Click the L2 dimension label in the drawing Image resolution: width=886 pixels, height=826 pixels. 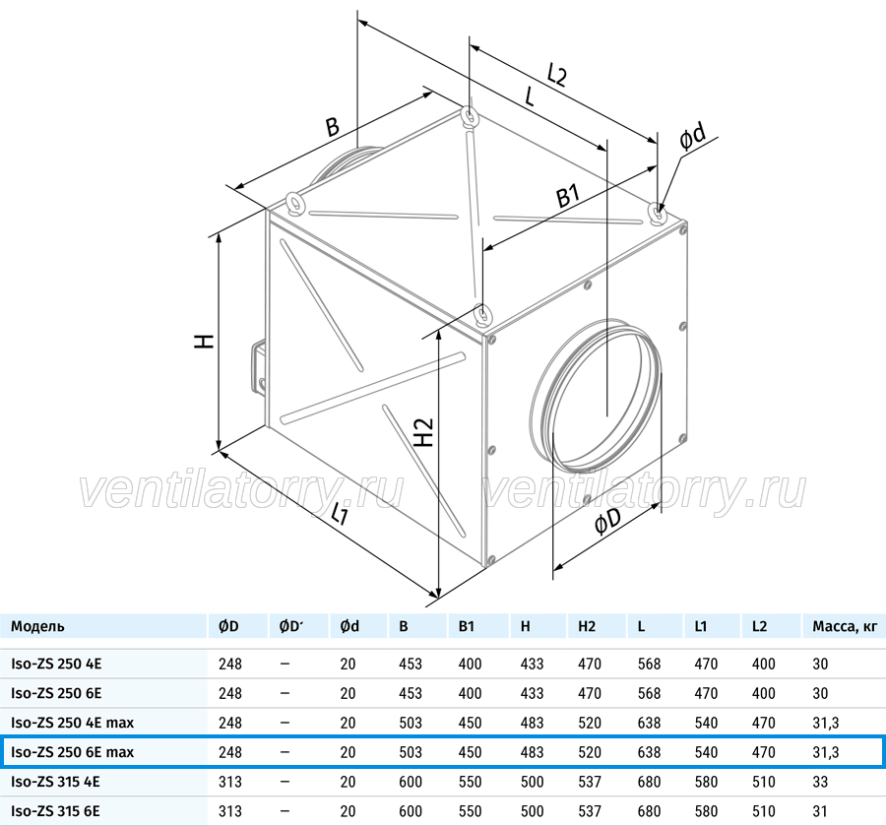[556, 74]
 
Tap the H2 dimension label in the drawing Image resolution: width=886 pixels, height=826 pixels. [423, 432]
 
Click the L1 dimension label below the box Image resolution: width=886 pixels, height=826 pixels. [340, 514]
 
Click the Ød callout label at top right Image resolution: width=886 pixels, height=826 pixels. [693, 137]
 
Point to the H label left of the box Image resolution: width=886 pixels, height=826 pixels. [205, 341]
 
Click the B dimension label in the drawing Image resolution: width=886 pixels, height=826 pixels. [333, 126]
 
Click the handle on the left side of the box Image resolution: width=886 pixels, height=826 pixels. [257, 365]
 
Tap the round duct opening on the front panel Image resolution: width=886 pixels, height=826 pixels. [597, 396]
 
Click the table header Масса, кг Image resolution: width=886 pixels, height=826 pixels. [845, 626]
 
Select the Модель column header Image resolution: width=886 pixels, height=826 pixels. [37, 626]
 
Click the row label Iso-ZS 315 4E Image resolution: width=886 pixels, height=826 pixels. [55, 782]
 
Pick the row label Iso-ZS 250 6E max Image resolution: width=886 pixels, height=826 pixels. [72, 752]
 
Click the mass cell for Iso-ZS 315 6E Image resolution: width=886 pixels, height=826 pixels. [820, 811]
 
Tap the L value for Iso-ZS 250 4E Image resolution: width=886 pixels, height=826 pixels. [650, 664]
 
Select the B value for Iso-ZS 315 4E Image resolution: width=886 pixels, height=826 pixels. [411, 782]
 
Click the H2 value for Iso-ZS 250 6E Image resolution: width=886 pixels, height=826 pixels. [590, 693]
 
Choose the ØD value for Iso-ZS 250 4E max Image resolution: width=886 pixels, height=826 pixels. [230, 723]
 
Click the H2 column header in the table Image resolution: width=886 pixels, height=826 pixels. [587, 626]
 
